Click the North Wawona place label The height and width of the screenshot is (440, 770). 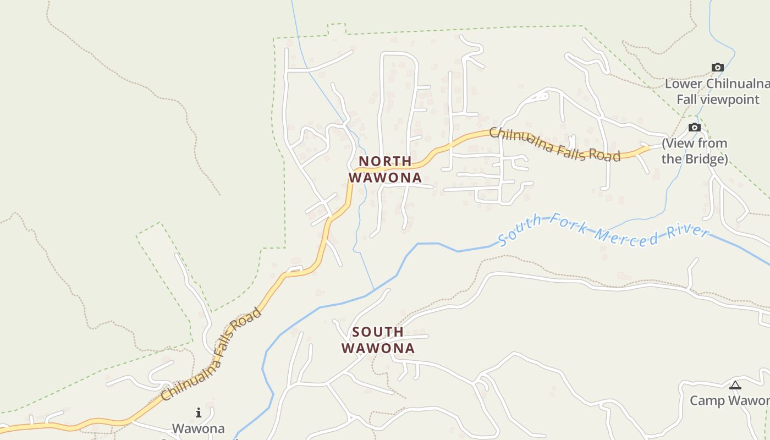point(385,169)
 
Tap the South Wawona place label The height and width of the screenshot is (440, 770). point(378,340)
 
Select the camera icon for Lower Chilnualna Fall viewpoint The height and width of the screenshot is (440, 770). point(717,67)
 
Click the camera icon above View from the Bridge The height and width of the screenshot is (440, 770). point(695,128)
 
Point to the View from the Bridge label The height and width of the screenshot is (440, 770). point(695,151)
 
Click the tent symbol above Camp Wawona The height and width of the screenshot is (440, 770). point(735,385)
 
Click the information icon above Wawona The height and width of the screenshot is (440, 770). point(199,413)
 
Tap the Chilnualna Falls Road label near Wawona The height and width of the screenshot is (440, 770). point(212,355)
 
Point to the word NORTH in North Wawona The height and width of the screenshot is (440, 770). point(385,161)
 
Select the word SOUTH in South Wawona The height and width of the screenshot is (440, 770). point(378,332)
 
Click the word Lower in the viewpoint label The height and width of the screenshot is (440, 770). point(684,84)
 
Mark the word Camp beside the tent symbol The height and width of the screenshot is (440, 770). point(708,400)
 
